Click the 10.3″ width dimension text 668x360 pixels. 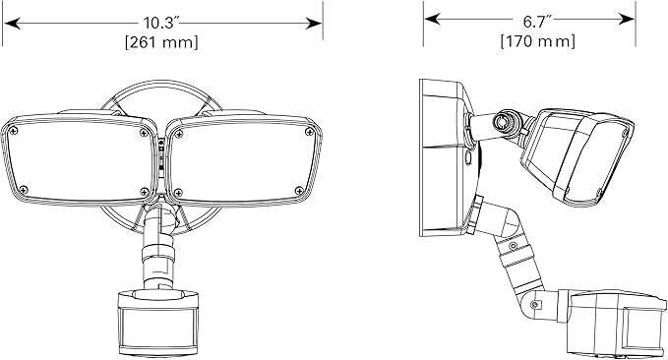click(159, 23)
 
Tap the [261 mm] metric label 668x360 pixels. click(161, 42)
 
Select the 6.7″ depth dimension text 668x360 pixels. click(537, 21)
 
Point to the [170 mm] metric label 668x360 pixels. click(537, 41)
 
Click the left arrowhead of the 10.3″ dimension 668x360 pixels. click(12, 23)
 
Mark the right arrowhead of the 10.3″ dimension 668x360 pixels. click(314, 23)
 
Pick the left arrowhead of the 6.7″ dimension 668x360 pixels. click(433, 19)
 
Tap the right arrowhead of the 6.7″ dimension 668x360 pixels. click(627, 19)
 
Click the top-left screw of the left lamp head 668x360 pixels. click(14, 131)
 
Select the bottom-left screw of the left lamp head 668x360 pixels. click(24, 190)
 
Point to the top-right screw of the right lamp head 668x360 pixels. click(310, 132)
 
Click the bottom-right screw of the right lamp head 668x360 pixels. click(299, 191)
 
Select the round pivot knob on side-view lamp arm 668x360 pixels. click(504, 122)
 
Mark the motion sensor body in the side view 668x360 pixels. click(616, 323)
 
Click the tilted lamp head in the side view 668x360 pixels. click(577, 155)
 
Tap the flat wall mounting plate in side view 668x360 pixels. click(442, 157)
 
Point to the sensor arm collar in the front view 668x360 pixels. click(158, 253)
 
